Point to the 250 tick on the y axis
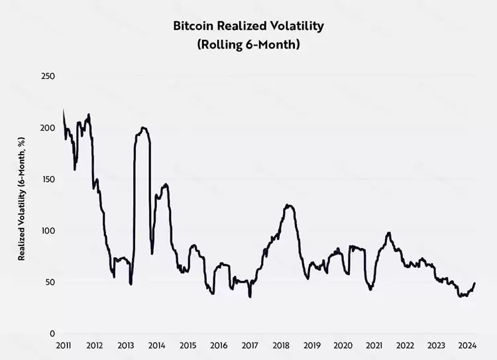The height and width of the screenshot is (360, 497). click(x=47, y=77)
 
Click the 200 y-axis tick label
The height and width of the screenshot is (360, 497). click(x=47, y=128)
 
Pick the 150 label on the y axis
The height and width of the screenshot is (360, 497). click(x=47, y=180)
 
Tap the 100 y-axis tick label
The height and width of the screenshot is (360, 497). click(x=47, y=231)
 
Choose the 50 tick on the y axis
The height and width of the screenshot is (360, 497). click(x=50, y=282)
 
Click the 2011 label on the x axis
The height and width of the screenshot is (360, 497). click(x=63, y=346)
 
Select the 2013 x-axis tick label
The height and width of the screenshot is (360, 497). click(x=125, y=346)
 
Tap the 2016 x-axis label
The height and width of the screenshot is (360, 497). click(x=219, y=346)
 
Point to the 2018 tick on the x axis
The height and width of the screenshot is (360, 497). click(x=281, y=346)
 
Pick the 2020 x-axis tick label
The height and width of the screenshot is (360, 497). click(x=343, y=346)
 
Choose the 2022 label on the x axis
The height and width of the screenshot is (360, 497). click(x=405, y=346)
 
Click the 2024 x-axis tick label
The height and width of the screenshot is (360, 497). click(x=467, y=346)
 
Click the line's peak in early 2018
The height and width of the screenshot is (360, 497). click(x=288, y=206)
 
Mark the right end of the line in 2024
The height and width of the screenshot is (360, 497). click(x=474, y=283)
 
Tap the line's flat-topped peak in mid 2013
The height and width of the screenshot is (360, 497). click(x=143, y=128)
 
